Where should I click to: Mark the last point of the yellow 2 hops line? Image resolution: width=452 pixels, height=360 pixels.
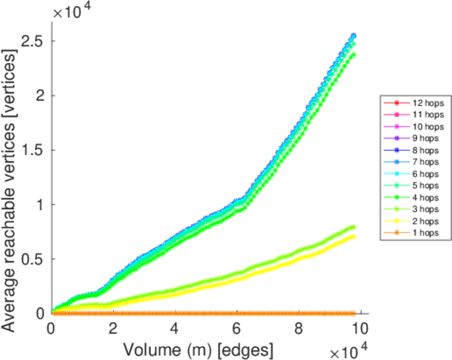[x=353, y=236]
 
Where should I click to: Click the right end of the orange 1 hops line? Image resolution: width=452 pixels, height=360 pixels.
[x=353, y=313]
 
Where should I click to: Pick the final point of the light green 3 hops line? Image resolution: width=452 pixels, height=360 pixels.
[x=353, y=227]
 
